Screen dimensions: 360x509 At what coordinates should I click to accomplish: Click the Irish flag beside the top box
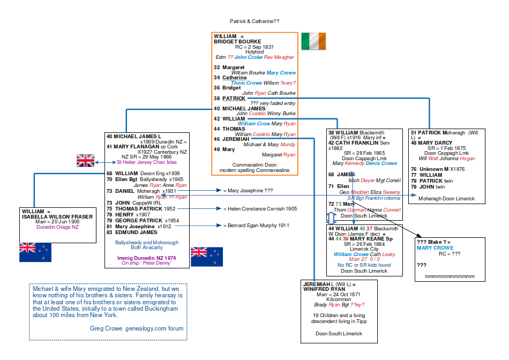coord(313,41)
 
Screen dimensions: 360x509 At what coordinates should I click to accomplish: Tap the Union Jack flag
coord(85,160)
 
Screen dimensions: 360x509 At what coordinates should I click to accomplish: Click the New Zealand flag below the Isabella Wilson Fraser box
coord(35,252)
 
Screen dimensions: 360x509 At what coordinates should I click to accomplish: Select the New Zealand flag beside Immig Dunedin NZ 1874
coord(206,256)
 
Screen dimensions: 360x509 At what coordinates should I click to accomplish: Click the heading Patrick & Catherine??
coord(254,21)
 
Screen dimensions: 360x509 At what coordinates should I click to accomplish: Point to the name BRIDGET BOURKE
coord(237,42)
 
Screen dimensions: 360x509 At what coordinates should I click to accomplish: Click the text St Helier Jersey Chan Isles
coord(147,162)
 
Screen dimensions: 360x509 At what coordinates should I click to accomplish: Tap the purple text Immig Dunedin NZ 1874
coord(147,258)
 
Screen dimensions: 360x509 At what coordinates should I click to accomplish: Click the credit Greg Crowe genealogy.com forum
coord(137,328)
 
